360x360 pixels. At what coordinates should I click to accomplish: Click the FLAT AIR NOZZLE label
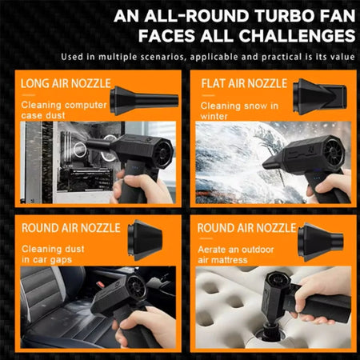pos(242,84)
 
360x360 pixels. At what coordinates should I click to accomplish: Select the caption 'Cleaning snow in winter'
pos(238,110)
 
